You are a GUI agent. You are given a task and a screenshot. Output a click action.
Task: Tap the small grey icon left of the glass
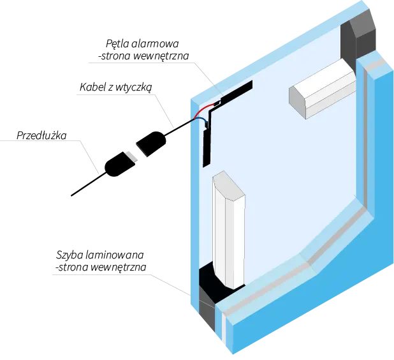pyautogui.click(x=132, y=154)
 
